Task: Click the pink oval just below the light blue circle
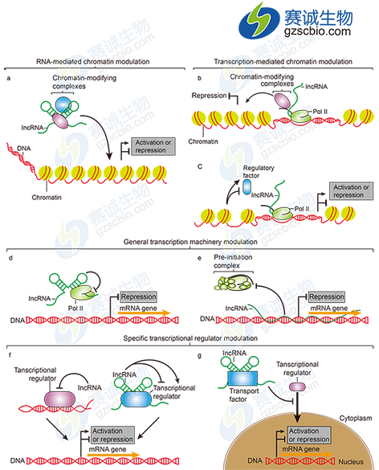(63, 120)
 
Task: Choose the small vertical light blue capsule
(247, 188)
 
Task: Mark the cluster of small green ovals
(233, 284)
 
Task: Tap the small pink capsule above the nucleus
(296, 386)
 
